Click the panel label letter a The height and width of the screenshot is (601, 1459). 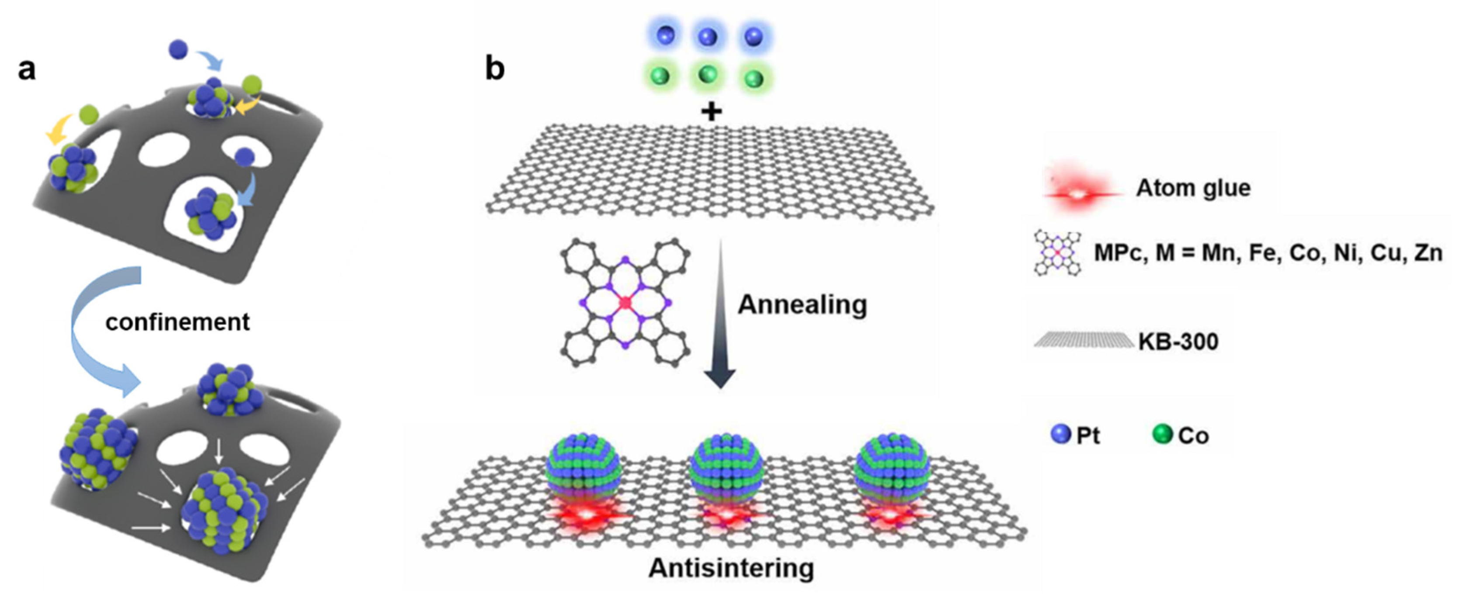[27, 70]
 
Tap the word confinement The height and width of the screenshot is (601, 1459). [177, 322]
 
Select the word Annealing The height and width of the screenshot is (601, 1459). [802, 305]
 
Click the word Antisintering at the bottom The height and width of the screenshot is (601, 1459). [731, 568]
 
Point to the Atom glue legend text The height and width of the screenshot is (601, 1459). [1193, 188]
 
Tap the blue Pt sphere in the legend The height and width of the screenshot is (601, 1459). [1060, 435]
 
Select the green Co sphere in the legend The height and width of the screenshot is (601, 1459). [1162, 435]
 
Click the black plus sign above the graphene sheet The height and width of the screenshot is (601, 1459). [712, 111]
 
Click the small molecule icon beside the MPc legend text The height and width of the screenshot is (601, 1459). [1057, 252]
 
